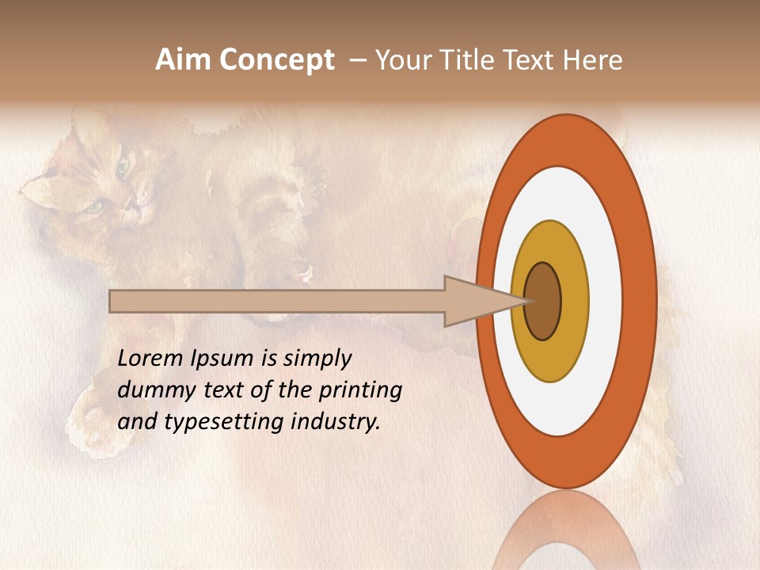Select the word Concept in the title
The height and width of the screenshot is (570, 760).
(x=276, y=61)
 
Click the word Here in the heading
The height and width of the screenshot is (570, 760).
(x=593, y=60)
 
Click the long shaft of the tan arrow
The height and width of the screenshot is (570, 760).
(x=277, y=302)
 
